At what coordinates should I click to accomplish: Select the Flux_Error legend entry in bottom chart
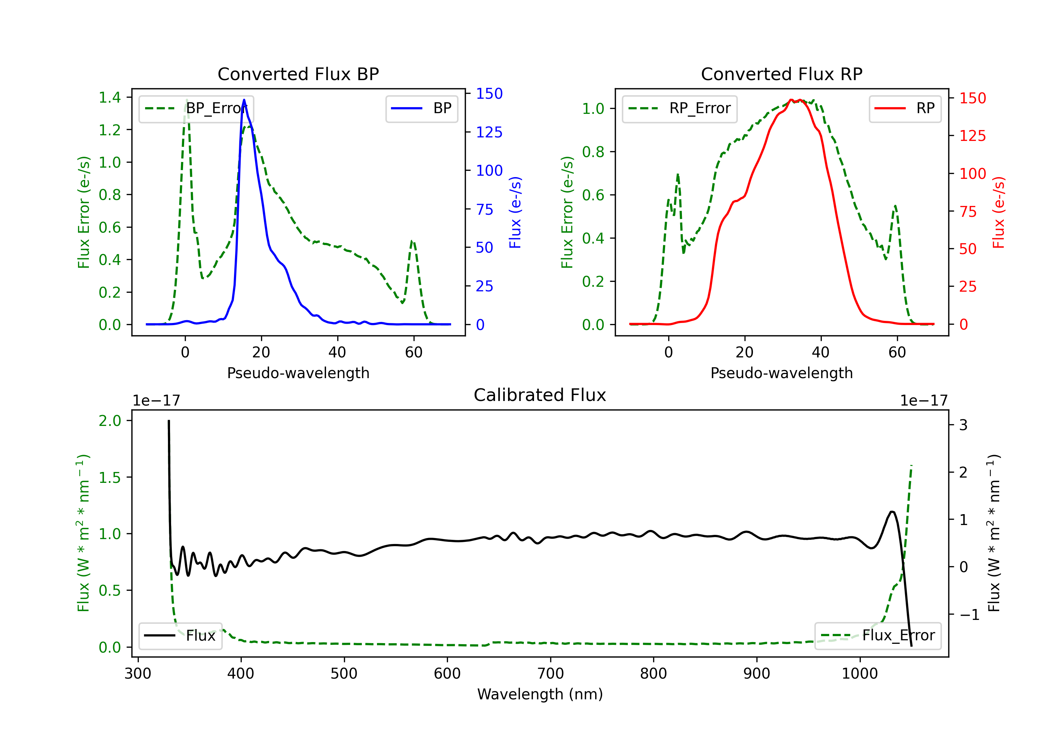pos(877,636)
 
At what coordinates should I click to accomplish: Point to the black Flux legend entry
pos(181,636)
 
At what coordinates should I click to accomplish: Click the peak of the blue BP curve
pos(244,100)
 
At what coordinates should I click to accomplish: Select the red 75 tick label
pos(968,212)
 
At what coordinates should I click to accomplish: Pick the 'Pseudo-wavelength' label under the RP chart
pos(781,373)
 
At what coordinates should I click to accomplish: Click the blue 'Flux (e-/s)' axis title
pos(515,213)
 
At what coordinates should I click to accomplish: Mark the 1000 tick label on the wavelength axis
pos(859,674)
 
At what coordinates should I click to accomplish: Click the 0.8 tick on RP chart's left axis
pos(593,152)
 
